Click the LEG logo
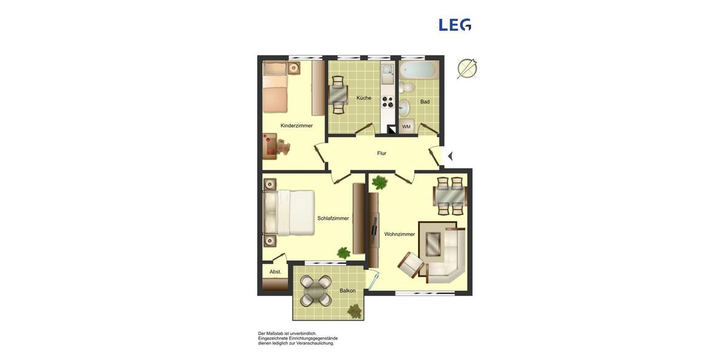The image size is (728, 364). click(455, 25)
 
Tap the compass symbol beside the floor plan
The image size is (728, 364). click(467, 69)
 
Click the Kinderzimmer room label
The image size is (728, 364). click(297, 126)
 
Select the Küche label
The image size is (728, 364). click(363, 98)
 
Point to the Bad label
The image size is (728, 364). click(425, 102)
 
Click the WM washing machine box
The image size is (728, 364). click(406, 127)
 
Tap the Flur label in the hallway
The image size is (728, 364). click(382, 153)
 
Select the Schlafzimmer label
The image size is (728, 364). click(333, 218)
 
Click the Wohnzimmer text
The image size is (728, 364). click(400, 234)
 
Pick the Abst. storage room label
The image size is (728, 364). click(275, 272)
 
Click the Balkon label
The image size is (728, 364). click(348, 291)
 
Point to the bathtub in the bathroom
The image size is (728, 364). click(419, 70)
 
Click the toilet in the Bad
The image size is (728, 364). click(406, 88)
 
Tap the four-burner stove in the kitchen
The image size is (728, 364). click(387, 102)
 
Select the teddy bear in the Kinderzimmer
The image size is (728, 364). click(283, 147)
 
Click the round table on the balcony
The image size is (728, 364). click(316, 291)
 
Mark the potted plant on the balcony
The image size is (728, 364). click(354, 311)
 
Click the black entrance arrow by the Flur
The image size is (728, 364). click(450, 156)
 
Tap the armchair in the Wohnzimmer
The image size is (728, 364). click(411, 265)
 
